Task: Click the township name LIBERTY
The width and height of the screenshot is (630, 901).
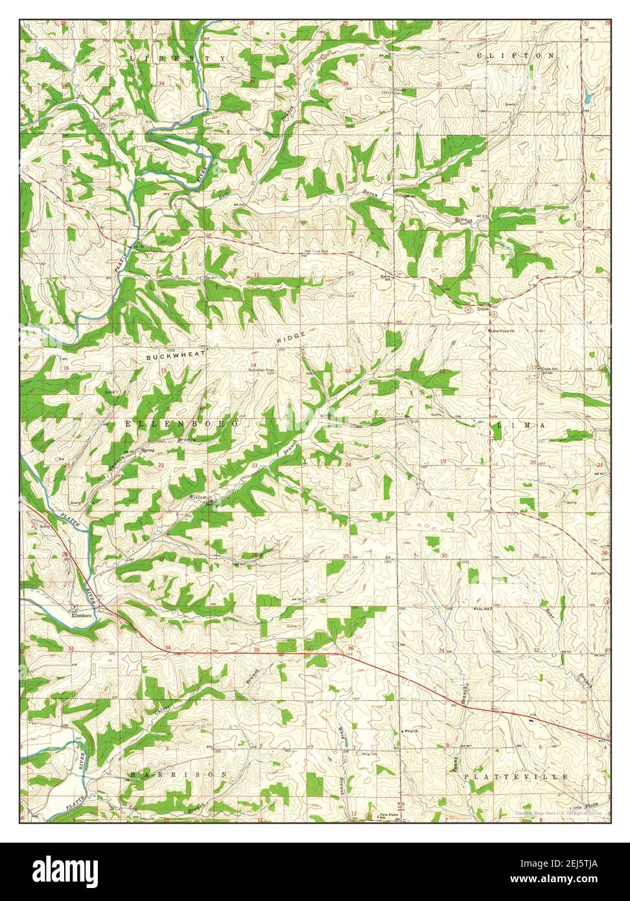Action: click(x=178, y=58)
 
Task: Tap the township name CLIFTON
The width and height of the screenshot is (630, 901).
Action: click(x=516, y=56)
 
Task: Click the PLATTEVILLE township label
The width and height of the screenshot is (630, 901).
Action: click(x=516, y=776)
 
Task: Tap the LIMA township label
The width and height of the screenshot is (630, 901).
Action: click(x=520, y=425)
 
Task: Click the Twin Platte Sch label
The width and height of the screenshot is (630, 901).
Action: click(x=388, y=815)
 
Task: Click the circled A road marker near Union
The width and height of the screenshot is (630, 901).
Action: click(x=468, y=310)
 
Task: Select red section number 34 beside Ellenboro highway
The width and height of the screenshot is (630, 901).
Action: click(x=168, y=649)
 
